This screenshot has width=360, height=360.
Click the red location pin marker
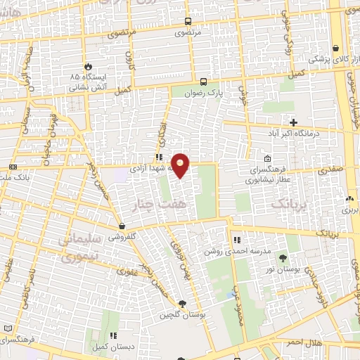[181, 165]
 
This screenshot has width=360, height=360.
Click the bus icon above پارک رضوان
[203, 81]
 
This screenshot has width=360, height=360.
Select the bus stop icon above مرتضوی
[187, 21]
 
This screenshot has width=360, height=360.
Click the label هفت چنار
[150, 204]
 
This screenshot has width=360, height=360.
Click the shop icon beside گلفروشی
[123, 226]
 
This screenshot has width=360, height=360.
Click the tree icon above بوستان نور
[283, 258]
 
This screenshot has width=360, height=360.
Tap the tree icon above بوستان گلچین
[183, 304]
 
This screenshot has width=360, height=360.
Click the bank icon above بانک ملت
[13, 167]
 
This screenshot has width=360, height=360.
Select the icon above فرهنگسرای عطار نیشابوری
[268, 159]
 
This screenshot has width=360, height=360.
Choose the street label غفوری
[129, 271]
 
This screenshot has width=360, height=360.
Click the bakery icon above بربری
[349, 199]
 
